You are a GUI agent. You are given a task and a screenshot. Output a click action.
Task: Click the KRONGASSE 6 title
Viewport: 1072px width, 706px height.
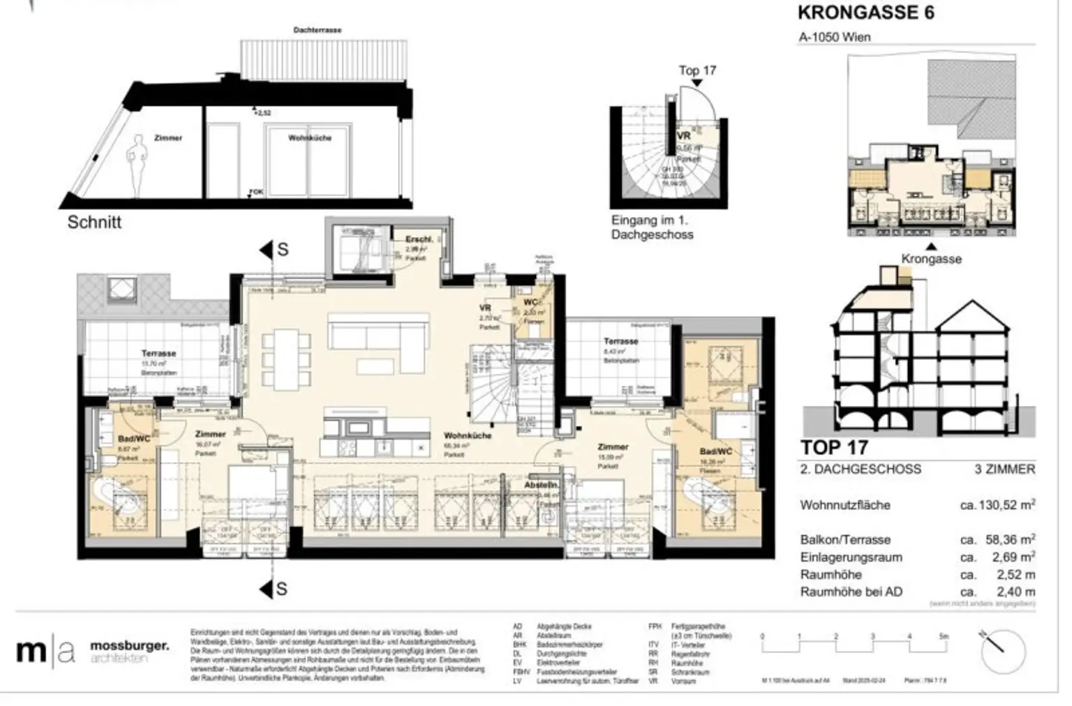tap(865, 13)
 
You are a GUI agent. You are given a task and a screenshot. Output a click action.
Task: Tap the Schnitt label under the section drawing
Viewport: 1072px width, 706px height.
tap(94, 223)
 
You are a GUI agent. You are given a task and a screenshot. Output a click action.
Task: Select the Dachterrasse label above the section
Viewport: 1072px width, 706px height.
tap(318, 31)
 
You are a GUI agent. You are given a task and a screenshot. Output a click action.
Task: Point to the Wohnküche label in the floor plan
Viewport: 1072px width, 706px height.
tap(468, 435)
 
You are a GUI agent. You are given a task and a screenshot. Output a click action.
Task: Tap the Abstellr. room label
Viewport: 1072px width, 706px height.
tap(542, 485)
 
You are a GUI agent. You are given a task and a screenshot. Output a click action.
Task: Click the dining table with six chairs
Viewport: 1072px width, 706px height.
tap(285, 360)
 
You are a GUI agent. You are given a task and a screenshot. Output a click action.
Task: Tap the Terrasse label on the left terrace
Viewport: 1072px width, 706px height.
tap(158, 354)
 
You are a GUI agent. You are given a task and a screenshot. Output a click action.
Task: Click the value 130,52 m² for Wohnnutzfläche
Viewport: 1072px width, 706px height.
tap(997, 505)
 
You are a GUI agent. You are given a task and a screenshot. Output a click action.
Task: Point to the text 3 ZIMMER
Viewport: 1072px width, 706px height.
tap(1004, 470)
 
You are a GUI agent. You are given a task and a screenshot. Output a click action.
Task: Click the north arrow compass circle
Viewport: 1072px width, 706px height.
tap(1003, 649)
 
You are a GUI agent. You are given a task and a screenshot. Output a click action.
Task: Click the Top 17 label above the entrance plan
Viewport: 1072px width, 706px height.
tap(697, 70)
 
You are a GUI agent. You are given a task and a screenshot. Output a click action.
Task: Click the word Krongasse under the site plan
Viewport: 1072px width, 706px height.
tap(931, 259)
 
